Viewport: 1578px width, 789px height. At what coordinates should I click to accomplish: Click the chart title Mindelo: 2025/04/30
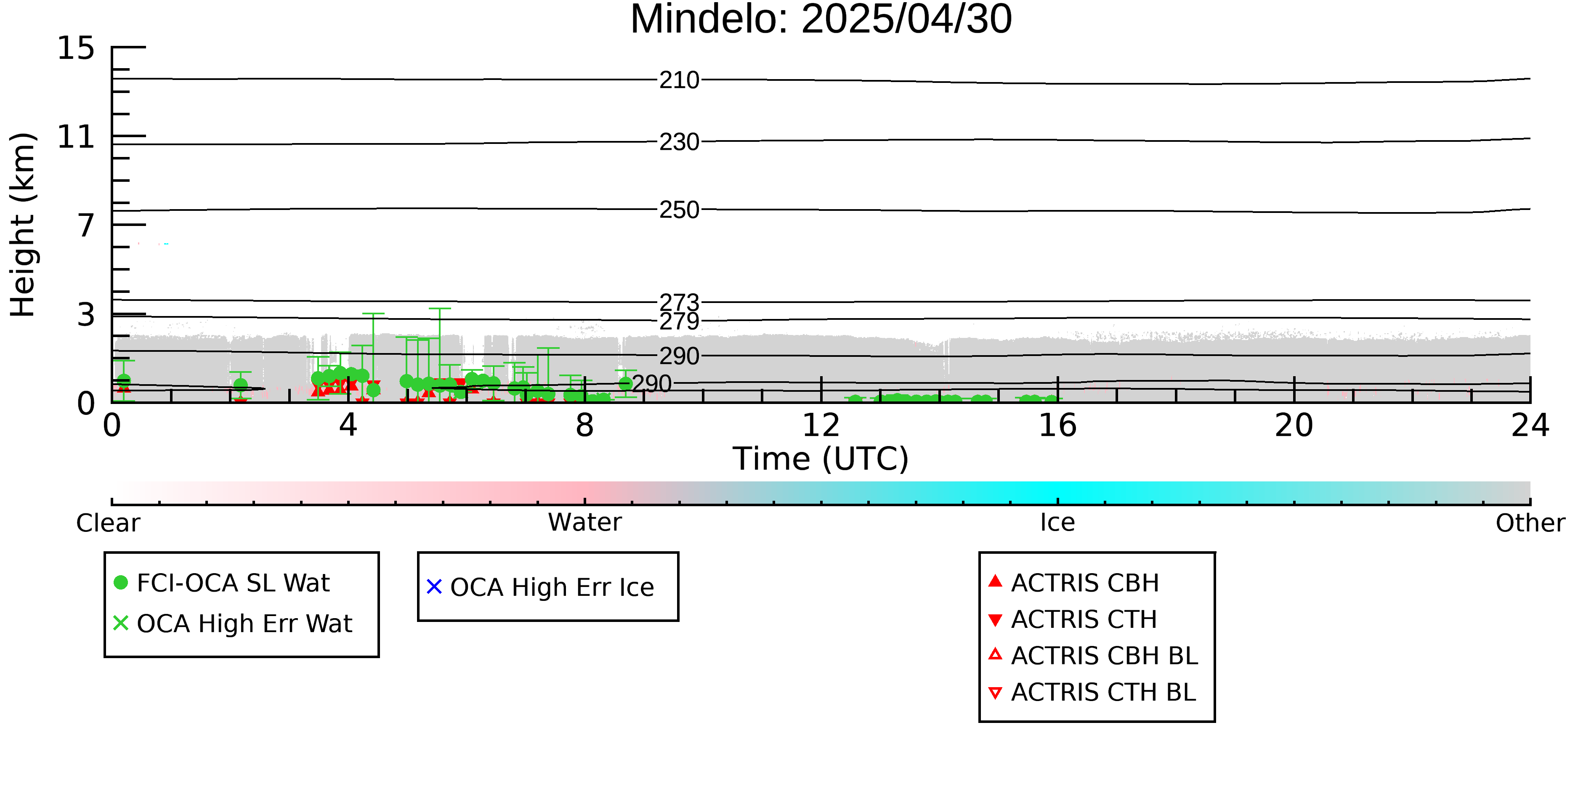(821, 20)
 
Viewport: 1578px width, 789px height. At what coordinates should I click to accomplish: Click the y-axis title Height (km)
(23, 225)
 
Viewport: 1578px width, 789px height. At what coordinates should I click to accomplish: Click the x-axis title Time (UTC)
(821, 459)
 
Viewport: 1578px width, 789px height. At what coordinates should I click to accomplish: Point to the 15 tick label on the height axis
(76, 48)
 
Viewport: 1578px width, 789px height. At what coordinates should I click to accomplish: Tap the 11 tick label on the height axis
(76, 137)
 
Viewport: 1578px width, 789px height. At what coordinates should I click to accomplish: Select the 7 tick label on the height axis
(86, 226)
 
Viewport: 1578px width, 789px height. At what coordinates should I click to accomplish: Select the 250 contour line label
(679, 210)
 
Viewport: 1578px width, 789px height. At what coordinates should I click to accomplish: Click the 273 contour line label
(679, 302)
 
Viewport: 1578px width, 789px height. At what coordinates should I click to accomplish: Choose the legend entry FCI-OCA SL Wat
(222, 582)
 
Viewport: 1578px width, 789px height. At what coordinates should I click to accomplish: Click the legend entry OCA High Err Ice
(540, 587)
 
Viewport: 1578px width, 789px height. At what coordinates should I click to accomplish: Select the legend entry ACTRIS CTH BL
(1092, 692)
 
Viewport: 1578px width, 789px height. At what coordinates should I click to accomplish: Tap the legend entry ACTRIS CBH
(1074, 582)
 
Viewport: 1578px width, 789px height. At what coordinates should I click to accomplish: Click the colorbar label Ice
(1057, 523)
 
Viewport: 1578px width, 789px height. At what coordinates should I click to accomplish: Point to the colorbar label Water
(585, 523)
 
